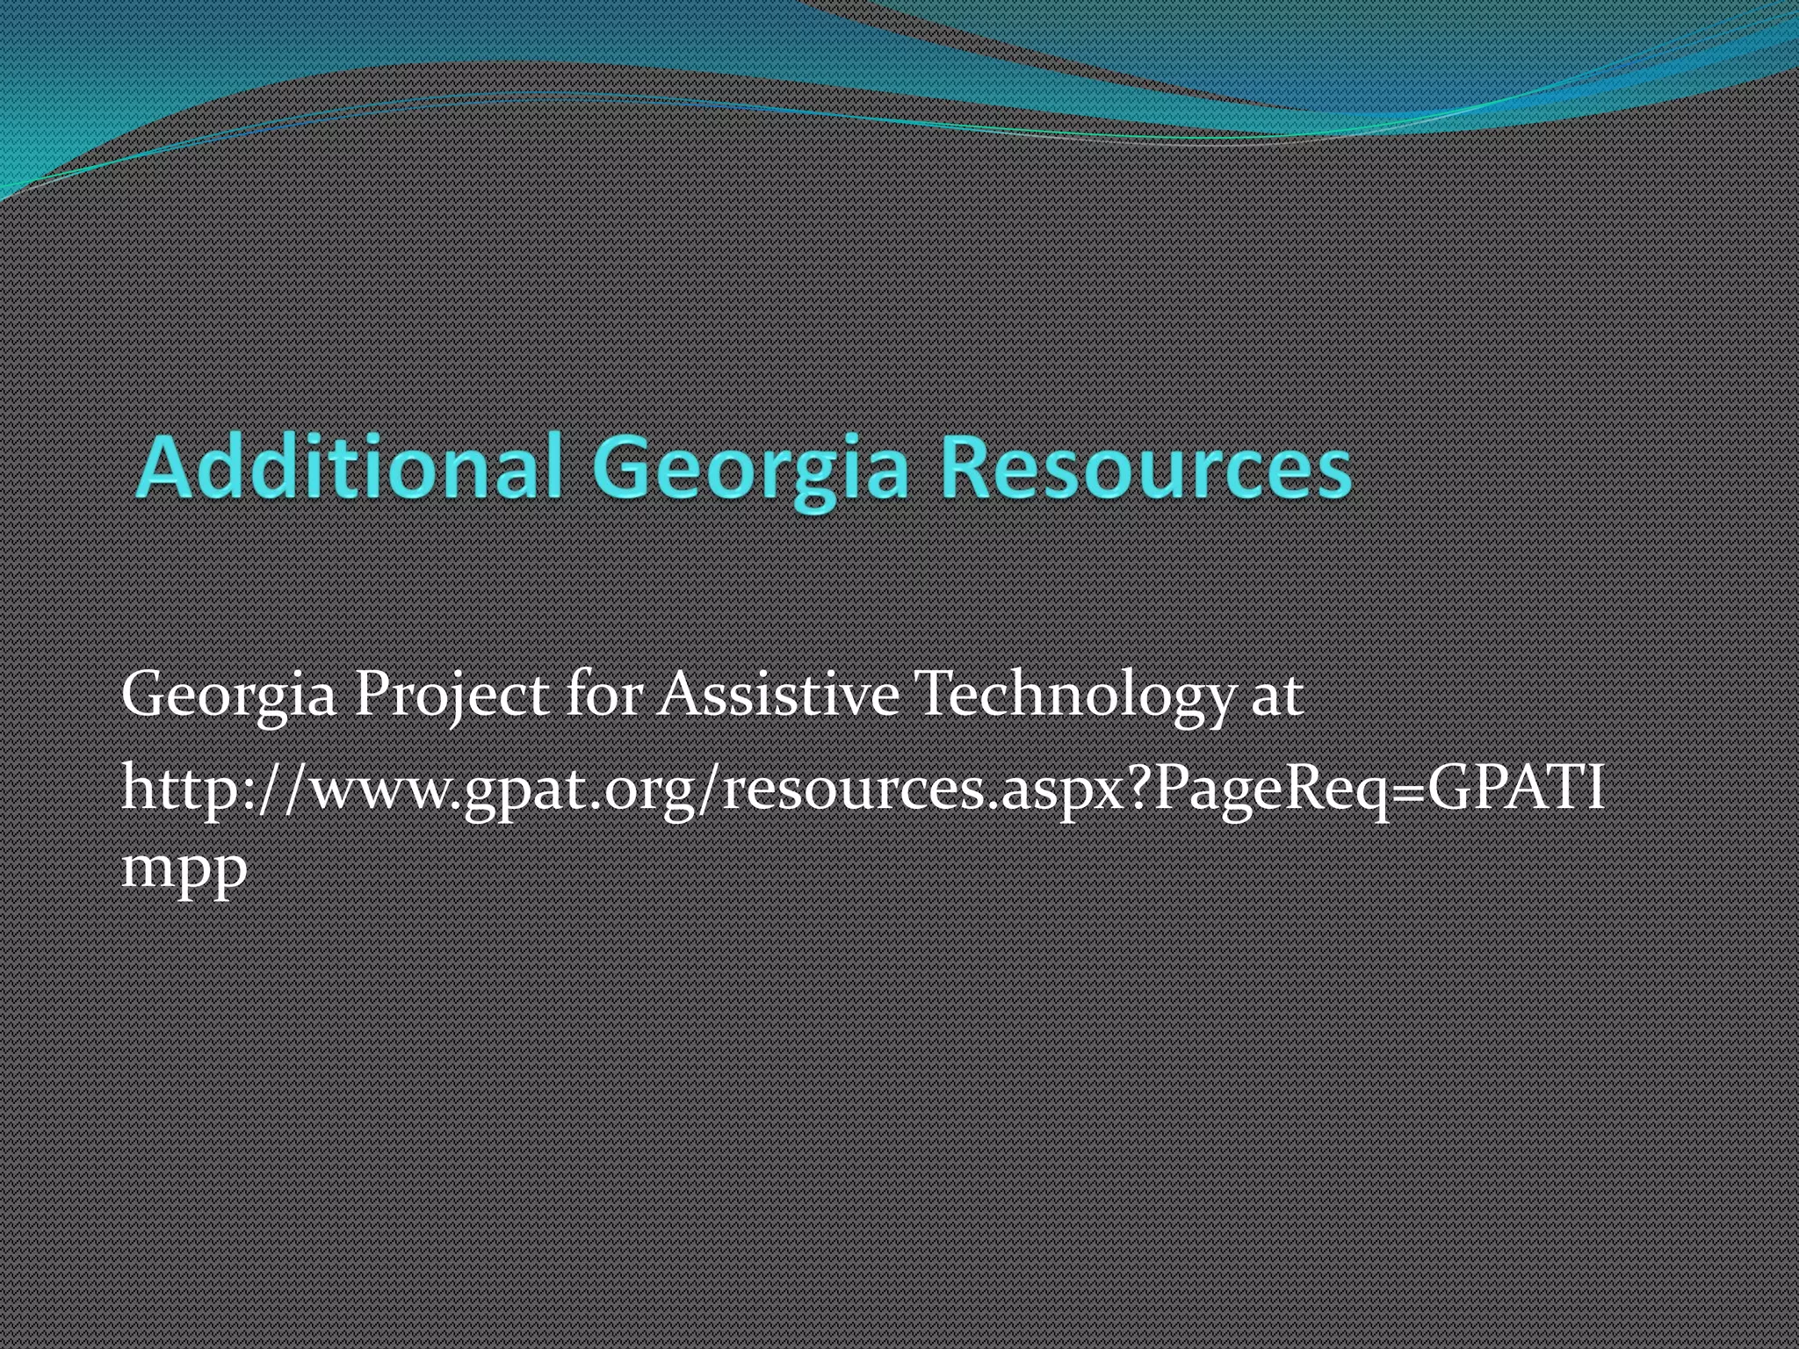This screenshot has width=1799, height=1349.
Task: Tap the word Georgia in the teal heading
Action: (x=749, y=468)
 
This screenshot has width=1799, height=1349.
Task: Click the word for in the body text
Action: (x=604, y=694)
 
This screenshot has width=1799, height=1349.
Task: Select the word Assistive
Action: (x=778, y=694)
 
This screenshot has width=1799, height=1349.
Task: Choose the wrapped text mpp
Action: (x=184, y=869)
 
